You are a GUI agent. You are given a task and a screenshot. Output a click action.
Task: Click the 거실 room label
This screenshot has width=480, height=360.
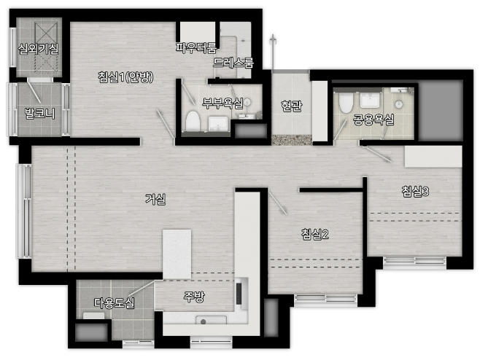pos(155,200)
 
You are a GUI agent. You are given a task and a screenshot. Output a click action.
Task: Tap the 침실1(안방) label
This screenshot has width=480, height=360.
pos(125,77)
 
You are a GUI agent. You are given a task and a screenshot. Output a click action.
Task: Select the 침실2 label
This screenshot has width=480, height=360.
pos(315,234)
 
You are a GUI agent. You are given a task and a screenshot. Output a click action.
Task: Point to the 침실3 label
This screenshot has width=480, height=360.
pos(415,192)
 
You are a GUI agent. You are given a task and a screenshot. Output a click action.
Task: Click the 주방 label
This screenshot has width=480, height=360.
pos(194,297)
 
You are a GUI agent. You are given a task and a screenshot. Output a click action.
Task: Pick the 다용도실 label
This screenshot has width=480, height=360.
pos(115,303)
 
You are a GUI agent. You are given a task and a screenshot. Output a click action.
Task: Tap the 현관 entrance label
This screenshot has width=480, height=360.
pos(292,106)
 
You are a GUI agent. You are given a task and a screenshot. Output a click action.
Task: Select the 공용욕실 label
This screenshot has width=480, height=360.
pos(373,120)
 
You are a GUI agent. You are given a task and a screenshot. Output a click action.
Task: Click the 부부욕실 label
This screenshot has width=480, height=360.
pos(222,103)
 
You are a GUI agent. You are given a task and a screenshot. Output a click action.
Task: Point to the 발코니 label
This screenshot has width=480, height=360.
pos(40,114)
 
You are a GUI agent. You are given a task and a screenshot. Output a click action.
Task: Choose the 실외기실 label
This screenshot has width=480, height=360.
pos(38,49)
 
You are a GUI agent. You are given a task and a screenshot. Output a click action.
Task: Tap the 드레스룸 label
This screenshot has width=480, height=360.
pos(233,63)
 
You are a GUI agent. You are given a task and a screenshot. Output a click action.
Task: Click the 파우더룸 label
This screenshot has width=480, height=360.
pos(196,47)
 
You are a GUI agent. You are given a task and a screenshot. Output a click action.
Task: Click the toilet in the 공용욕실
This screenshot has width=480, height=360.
pos(346,102)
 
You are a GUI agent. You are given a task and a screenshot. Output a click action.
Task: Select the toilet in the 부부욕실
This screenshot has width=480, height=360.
pos(193,122)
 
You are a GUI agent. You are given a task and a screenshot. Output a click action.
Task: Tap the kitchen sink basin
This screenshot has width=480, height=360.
pos(212,320)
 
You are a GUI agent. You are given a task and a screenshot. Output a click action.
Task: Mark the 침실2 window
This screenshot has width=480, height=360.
pos(325,299)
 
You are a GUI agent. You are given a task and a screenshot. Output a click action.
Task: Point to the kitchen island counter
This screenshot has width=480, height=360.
pos(177,254)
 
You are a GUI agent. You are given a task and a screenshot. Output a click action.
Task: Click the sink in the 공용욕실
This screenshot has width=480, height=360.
pos(371,100)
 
